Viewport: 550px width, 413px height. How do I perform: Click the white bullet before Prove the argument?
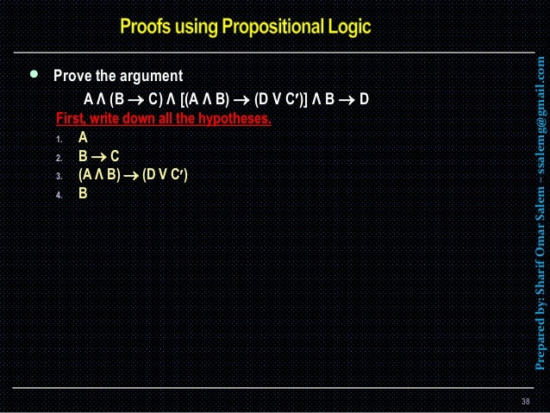click(x=34, y=75)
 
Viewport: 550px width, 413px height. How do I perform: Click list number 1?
click(x=57, y=138)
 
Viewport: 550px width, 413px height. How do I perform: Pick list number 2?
click(x=57, y=157)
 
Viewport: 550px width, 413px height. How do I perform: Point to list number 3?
click(x=57, y=176)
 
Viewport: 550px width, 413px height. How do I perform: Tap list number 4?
click(x=57, y=195)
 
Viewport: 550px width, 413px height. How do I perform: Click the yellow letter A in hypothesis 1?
click(x=83, y=137)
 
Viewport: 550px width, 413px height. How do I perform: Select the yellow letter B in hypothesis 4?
click(x=83, y=194)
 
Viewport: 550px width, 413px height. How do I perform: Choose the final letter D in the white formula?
click(x=364, y=97)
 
